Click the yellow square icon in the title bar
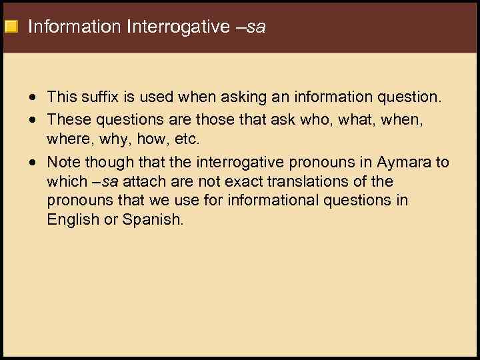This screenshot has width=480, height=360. click(x=10, y=27)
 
